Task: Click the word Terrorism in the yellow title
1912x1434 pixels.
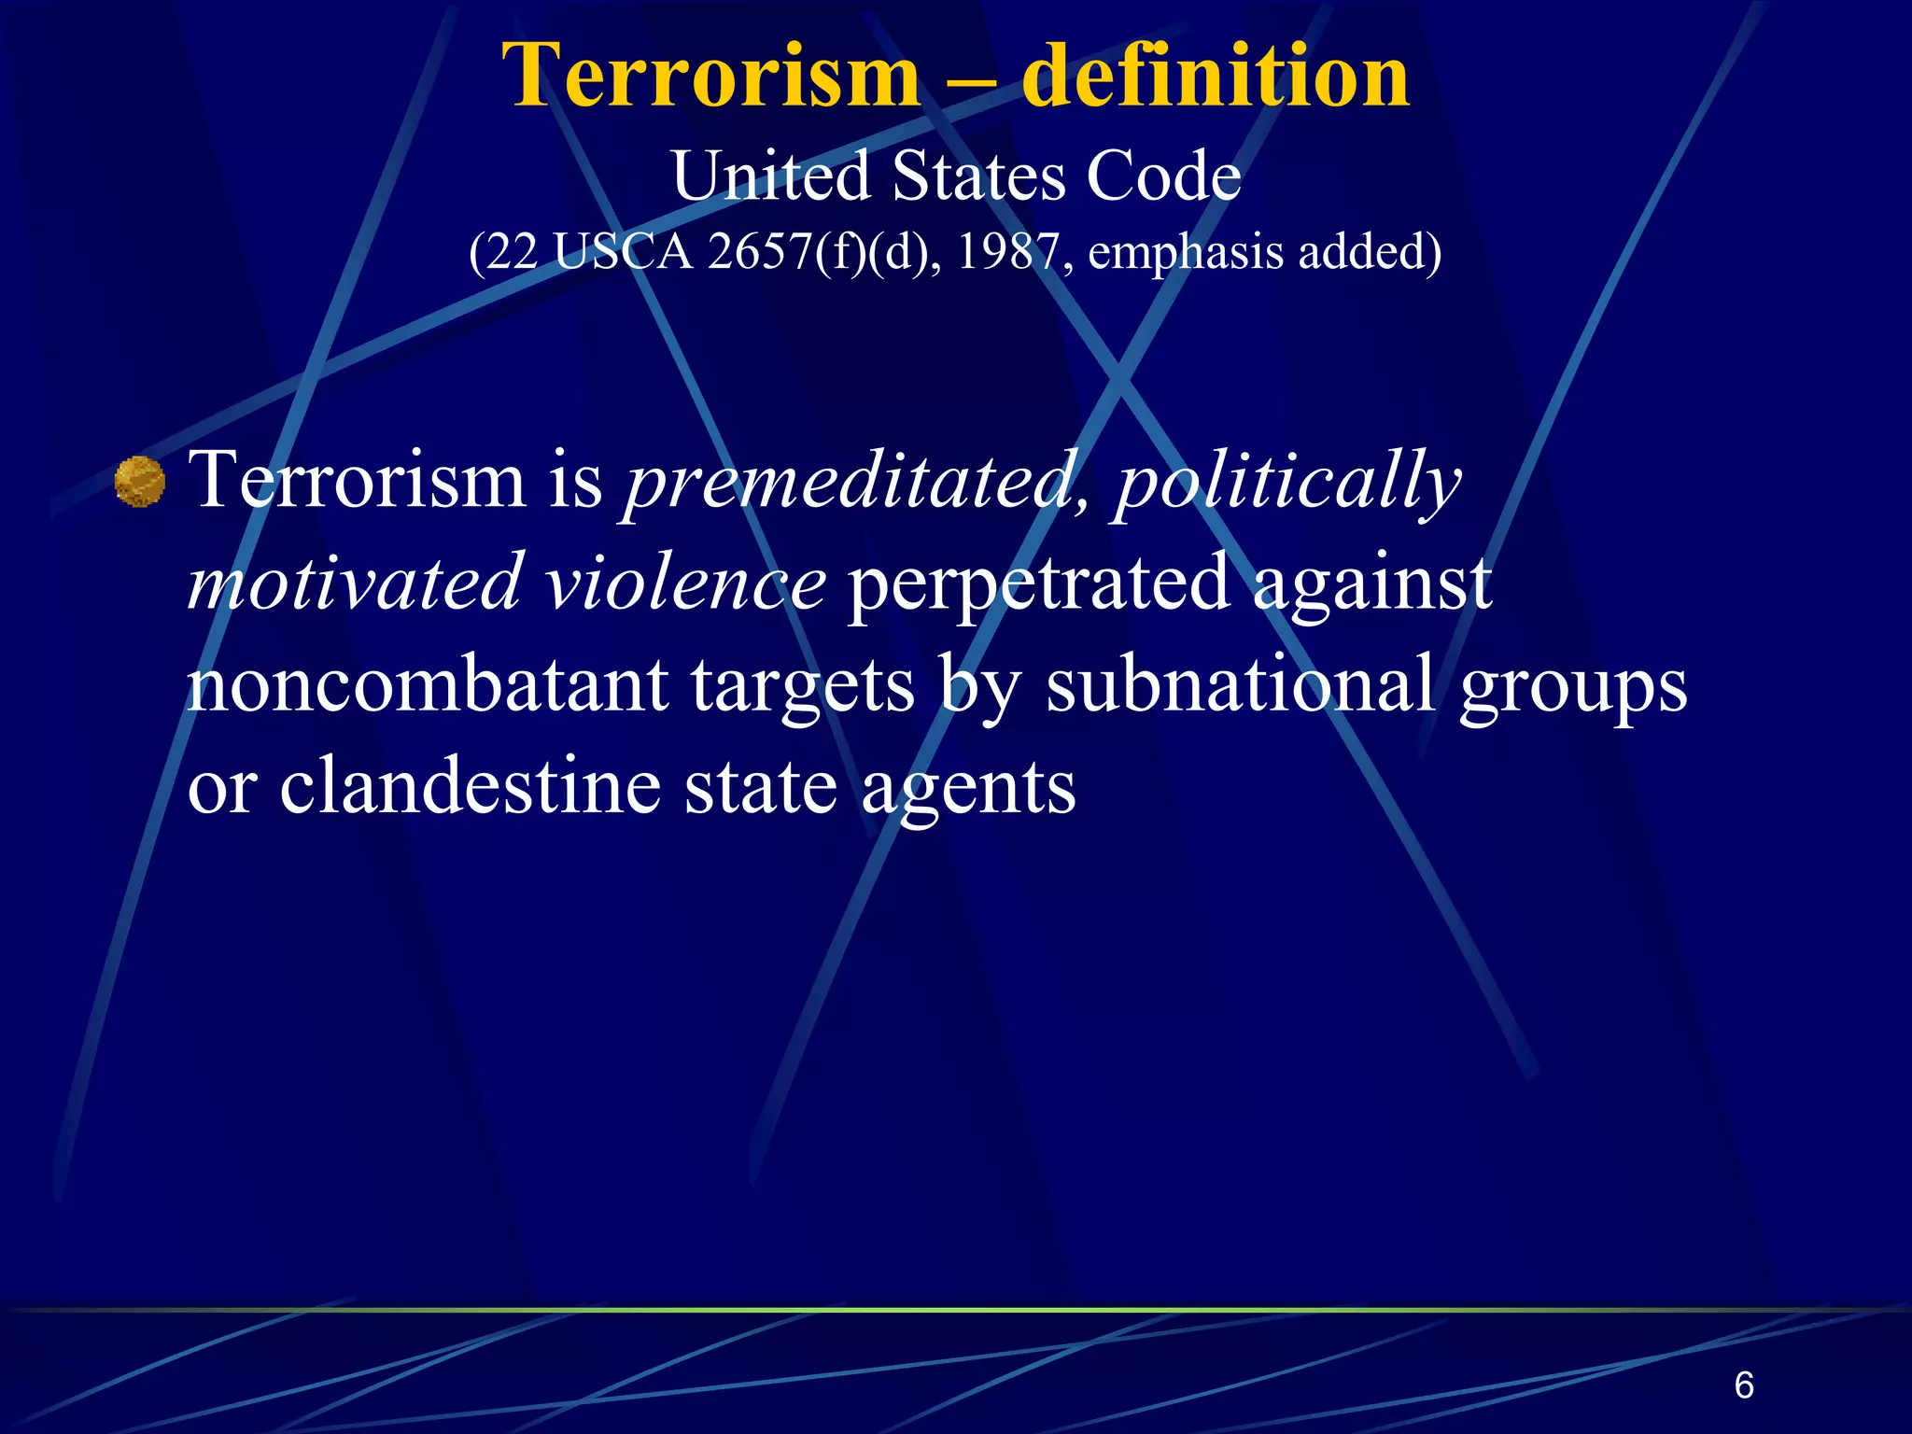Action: [x=710, y=77]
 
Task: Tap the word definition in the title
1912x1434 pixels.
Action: [x=1215, y=77]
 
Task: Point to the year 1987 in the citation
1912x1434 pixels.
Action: [x=1007, y=251]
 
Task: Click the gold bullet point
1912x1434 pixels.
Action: [x=140, y=482]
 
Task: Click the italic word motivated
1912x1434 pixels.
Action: [x=354, y=583]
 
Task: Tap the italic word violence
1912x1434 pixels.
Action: [x=685, y=583]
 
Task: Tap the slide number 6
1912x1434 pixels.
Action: [x=1743, y=1385]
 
